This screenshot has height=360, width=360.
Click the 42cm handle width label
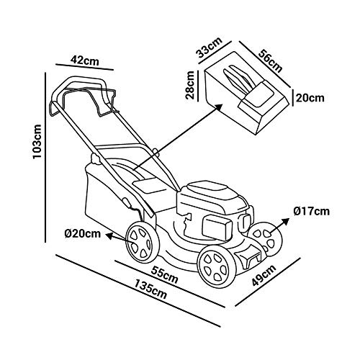click(84, 60)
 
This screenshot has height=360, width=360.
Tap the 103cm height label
click(37, 141)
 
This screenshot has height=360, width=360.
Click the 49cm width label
click(264, 275)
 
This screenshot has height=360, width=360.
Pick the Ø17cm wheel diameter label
click(311, 211)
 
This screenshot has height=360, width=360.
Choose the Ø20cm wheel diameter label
click(82, 233)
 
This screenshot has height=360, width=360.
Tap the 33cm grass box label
click(210, 48)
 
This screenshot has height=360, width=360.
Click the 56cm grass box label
click(270, 60)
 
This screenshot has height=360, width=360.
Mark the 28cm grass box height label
click(190, 85)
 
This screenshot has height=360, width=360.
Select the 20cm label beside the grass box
click(310, 98)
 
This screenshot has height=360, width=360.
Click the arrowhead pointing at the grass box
click(218, 107)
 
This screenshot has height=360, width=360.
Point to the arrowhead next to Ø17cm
click(286, 221)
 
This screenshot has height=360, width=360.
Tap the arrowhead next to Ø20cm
click(109, 236)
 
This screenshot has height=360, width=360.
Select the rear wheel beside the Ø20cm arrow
click(143, 243)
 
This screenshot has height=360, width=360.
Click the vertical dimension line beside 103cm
click(45, 158)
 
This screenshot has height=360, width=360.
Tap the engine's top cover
click(210, 189)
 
